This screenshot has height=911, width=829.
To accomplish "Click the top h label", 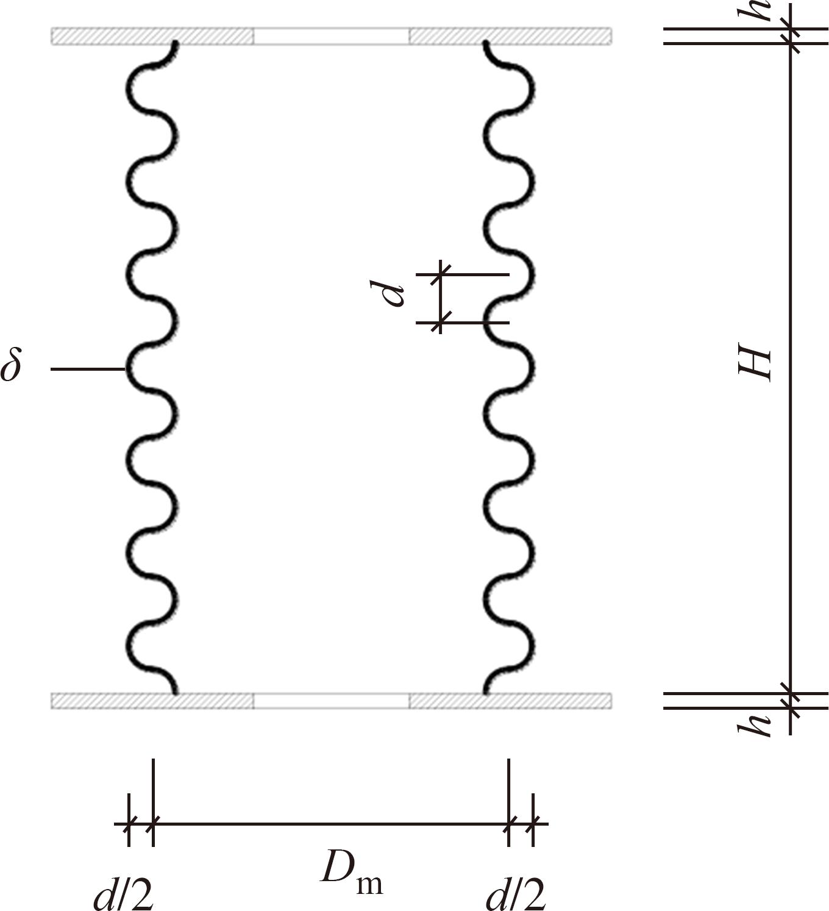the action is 754,10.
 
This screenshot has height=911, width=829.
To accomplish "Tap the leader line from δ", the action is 88,369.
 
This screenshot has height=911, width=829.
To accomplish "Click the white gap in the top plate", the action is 332,37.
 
